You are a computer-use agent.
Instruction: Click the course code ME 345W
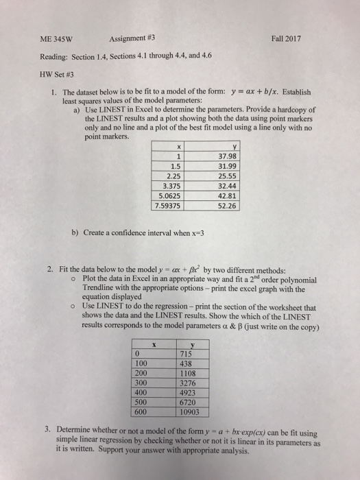(x=55, y=40)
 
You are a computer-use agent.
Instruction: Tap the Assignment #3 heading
(x=134, y=40)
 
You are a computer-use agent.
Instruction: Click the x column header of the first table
(x=178, y=145)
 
